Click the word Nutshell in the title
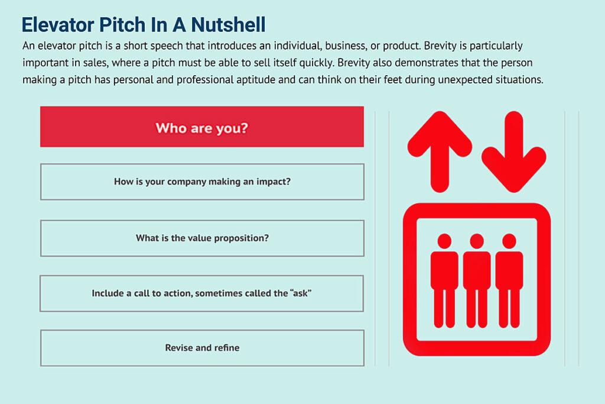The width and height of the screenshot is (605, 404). coord(228,25)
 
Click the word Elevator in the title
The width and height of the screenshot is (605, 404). coord(58,25)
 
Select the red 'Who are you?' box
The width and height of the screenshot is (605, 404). coord(202,127)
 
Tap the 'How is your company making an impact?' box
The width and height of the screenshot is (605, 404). coord(202,182)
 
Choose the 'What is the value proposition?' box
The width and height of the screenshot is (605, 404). coord(202,238)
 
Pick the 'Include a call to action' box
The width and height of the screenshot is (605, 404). coord(202,293)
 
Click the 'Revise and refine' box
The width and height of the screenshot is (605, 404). coord(202,348)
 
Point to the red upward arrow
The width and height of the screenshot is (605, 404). coord(440,151)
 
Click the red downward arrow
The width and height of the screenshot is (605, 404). coord(514,151)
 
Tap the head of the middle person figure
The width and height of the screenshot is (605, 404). coord(477,241)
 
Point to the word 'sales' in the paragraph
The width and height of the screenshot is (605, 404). coord(95,63)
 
